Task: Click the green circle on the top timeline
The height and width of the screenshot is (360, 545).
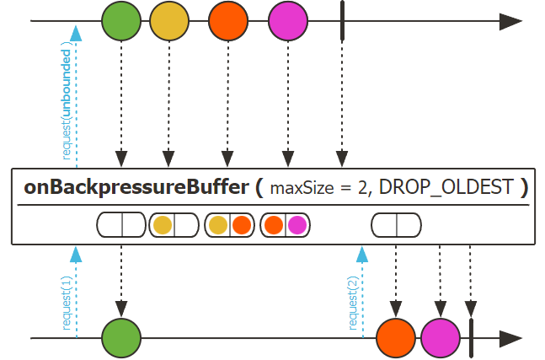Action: pos(122,22)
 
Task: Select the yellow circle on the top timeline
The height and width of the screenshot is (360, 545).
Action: pos(169,22)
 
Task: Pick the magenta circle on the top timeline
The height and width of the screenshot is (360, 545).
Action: pos(288,22)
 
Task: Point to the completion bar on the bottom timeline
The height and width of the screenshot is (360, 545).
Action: pos(470,338)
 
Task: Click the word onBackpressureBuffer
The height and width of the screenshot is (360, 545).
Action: pos(135,187)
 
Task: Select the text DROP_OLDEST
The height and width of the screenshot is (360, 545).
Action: pos(446,187)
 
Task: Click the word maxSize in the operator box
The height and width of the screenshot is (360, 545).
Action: pos(299,188)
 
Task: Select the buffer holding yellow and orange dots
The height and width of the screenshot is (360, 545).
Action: pos(229,225)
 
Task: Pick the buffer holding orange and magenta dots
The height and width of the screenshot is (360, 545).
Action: pos(285,225)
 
